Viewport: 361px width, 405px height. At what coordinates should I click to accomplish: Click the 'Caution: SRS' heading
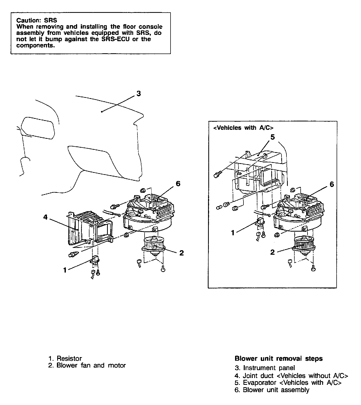tap(36, 20)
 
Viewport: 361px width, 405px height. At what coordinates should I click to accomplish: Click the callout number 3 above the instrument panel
tap(139, 93)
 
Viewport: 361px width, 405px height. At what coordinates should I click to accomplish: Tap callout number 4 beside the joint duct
tap(45, 217)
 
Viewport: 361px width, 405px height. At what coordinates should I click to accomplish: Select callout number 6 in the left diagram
tap(178, 184)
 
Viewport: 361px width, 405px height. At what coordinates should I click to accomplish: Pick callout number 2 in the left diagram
tap(181, 253)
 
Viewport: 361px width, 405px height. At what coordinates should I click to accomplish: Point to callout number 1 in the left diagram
tap(65, 270)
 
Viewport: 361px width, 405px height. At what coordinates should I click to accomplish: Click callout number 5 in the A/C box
tap(273, 137)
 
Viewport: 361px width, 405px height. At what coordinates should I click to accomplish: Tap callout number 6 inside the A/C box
tap(332, 184)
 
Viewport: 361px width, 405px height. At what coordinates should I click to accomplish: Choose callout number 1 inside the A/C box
tap(232, 232)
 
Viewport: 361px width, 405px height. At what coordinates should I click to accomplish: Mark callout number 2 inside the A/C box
tap(272, 252)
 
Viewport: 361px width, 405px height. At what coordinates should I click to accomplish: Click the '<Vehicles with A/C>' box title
tap(243, 128)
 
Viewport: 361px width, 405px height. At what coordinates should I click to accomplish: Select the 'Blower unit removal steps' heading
tap(279, 358)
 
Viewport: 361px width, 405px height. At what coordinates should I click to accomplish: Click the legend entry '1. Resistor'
tap(65, 358)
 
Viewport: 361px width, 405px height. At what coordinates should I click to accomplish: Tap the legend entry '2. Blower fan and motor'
tap(87, 365)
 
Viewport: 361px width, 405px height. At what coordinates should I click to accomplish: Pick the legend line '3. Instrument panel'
tap(265, 368)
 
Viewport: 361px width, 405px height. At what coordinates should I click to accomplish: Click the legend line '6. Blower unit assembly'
tap(272, 390)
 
